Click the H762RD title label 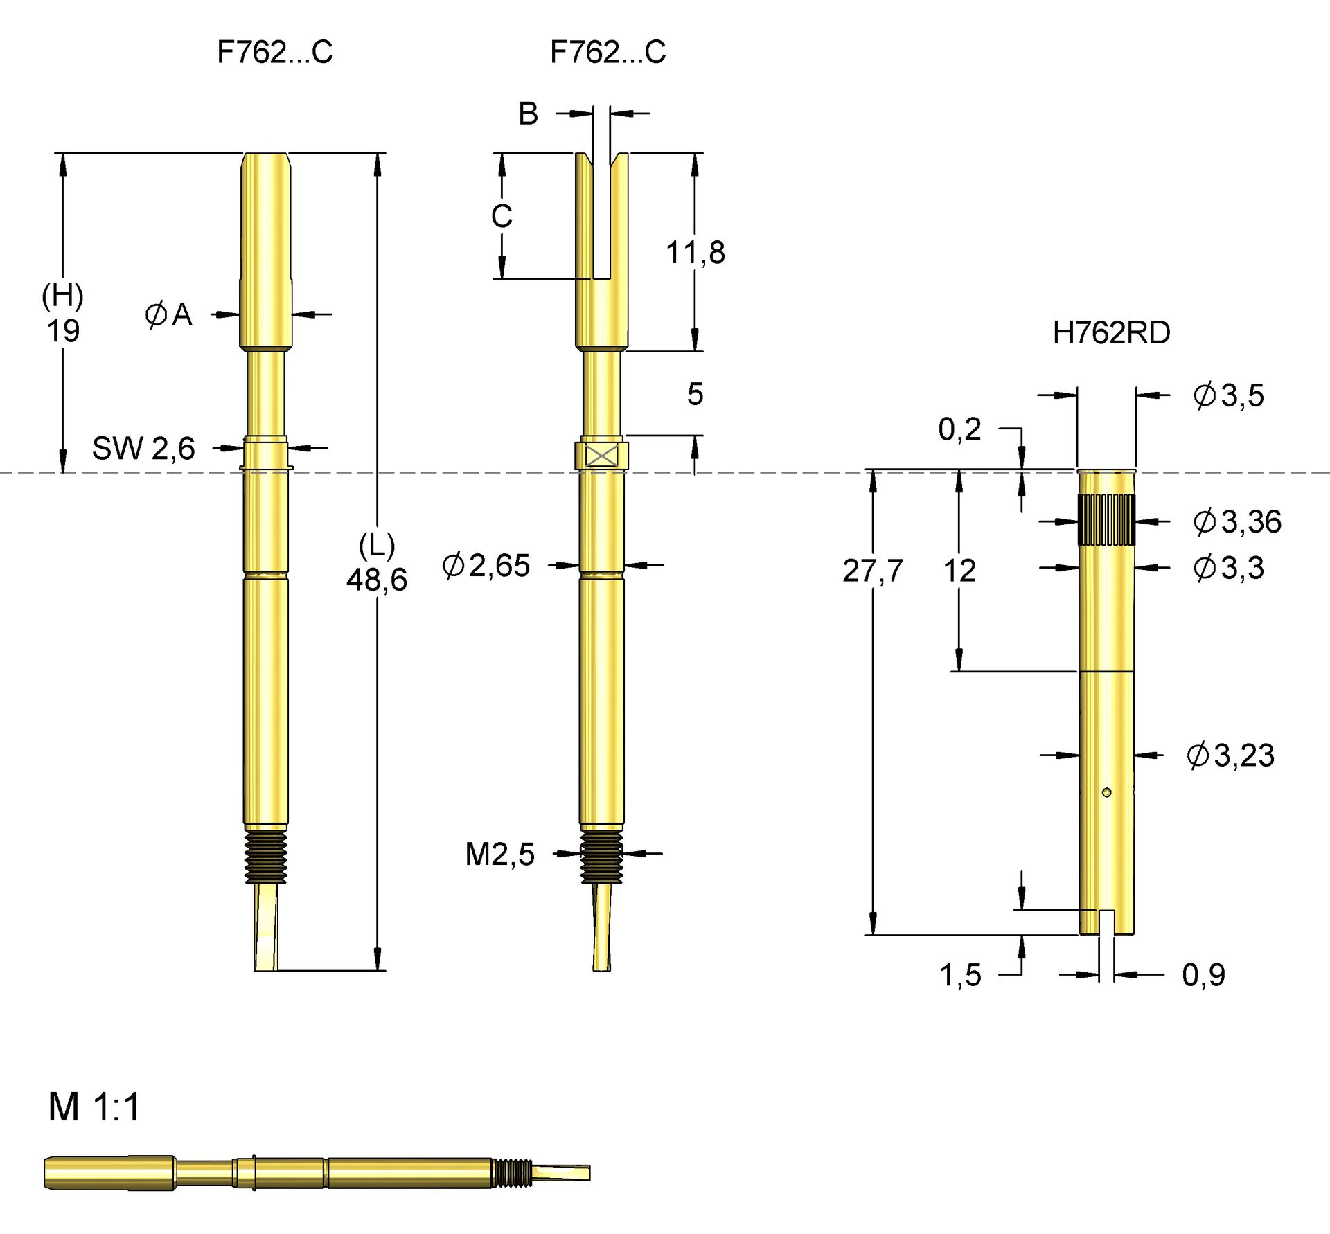click(x=1111, y=333)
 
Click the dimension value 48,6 click(x=377, y=580)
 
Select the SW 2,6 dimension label click(x=143, y=449)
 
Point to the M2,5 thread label click(x=499, y=855)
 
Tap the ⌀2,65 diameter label click(x=486, y=566)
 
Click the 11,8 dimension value click(x=695, y=253)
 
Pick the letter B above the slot click(x=528, y=114)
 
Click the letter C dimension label click(x=502, y=217)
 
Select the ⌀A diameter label click(x=168, y=315)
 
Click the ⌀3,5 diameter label click(x=1228, y=395)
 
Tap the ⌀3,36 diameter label click(x=1237, y=521)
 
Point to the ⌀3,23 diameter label click(x=1230, y=755)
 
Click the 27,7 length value click(x=873, y=571)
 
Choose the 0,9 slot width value click(x=1204, y=975)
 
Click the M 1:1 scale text click(x=94, y=1107)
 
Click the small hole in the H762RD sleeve click(x=1106, y=792)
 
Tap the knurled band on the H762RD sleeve click(x=1106, y=520)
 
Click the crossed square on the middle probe click(x=601, y=456)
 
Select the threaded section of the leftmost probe click(x=266, y=857)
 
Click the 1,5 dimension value click(x=960, y=975)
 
